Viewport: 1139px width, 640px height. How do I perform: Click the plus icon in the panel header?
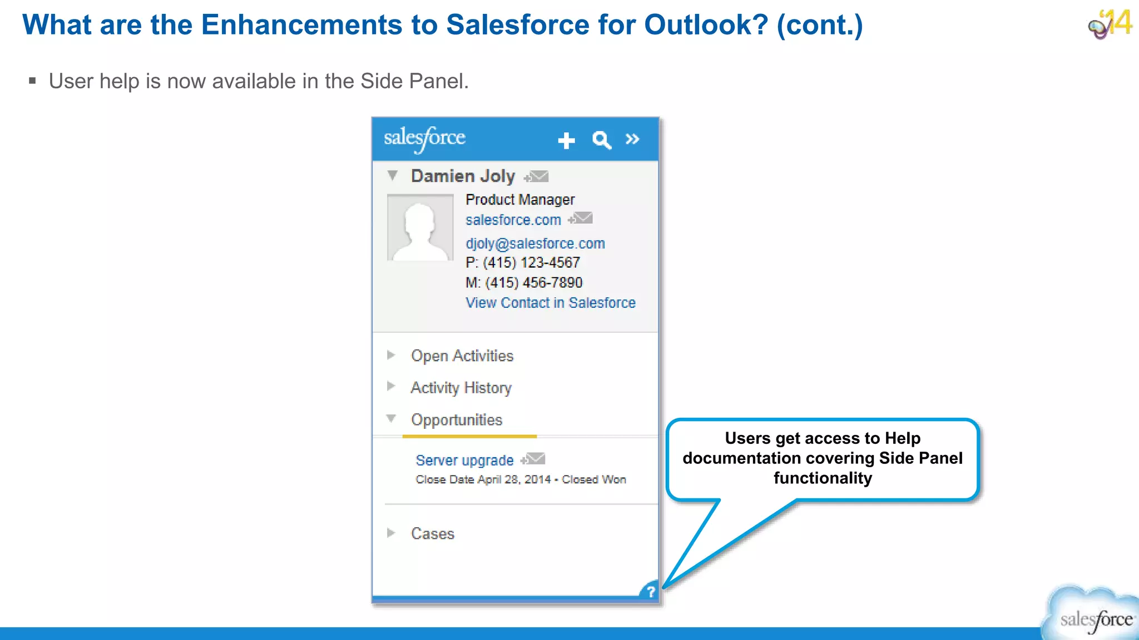[x=566, y=140]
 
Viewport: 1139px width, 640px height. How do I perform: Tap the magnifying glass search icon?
[x=601, y=139]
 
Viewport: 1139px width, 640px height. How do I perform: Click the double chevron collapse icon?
[x=632, y=139]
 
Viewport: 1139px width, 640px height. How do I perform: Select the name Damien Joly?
[x=463, y=176]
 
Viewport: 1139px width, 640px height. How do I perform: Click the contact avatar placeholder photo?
[x=420, y=227]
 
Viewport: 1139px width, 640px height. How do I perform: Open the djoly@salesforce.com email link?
[x=535, y=243]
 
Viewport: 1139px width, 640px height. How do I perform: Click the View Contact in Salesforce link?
[x=550, y=303]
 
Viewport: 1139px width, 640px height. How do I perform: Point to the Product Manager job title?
[x=520, y=199]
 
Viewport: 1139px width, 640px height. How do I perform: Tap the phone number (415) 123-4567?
[x=531, y=263]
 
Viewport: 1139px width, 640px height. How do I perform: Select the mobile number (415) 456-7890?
[x=533, y=283]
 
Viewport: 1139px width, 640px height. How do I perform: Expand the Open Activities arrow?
[x=391, y=355]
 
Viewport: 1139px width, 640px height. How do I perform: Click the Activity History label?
[x=461, y=388]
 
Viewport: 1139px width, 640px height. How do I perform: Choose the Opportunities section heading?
[x=457, y=420]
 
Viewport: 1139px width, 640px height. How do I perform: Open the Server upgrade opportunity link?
[x=464, y=461]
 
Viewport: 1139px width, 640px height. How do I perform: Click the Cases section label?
[x=433, y=534]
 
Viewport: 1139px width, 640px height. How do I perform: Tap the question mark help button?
[x=650, y=592]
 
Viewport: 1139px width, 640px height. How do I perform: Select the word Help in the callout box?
[x=903, y=438]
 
